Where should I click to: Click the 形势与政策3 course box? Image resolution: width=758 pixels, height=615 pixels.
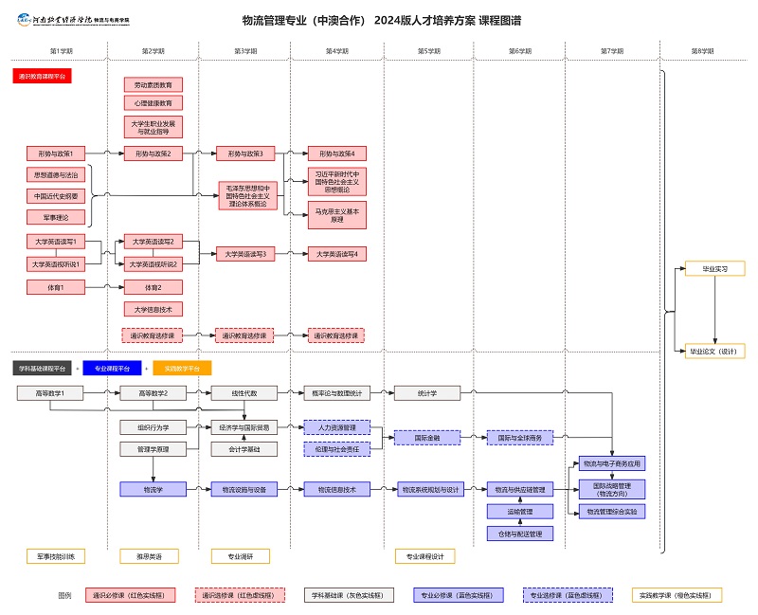click(x=245, y=154)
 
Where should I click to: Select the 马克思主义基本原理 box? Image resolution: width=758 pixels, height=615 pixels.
click(x=337, y=215)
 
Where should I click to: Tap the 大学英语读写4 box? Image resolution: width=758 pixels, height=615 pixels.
click(x=337, y=254)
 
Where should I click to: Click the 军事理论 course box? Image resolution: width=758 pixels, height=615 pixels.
click(x=56, y=217)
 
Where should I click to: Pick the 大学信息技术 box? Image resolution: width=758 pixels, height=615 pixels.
click(x=153, y=309)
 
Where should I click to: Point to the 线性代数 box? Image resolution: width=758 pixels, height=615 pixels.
click(x=245, y=392)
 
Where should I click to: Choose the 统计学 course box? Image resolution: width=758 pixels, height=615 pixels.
click(x=426, y=392)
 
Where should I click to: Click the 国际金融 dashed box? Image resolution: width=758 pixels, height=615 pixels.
click(x=426, y=438)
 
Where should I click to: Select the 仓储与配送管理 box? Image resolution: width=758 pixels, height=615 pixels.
click(x=519, y=534)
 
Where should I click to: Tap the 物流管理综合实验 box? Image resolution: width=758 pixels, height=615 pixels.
click(x=611, y=512)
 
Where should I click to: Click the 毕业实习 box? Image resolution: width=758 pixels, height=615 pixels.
click(x=715, y=269)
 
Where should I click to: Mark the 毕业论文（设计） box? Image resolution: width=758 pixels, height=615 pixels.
click(x=715, y=352)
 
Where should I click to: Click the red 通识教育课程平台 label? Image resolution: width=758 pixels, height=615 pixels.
click(x=43, y=76)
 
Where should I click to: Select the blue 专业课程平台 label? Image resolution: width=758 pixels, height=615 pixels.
click(x=112, y=368)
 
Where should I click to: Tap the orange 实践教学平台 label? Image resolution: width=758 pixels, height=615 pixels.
click(x=182, y=368)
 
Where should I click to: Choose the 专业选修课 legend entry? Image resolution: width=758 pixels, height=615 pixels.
click(x=568, y=595)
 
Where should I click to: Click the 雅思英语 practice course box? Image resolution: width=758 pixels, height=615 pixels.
click(x=153, y=556)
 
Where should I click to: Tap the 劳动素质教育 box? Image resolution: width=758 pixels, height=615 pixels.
click(x=153, y=84)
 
